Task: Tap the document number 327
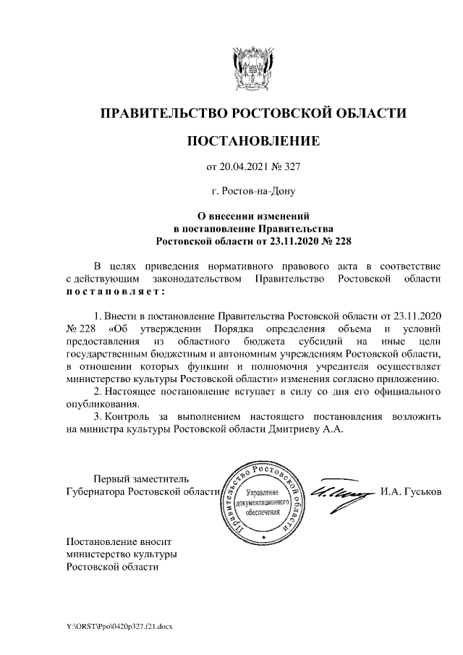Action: pos(290,167)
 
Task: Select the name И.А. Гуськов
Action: pos(410,491)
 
